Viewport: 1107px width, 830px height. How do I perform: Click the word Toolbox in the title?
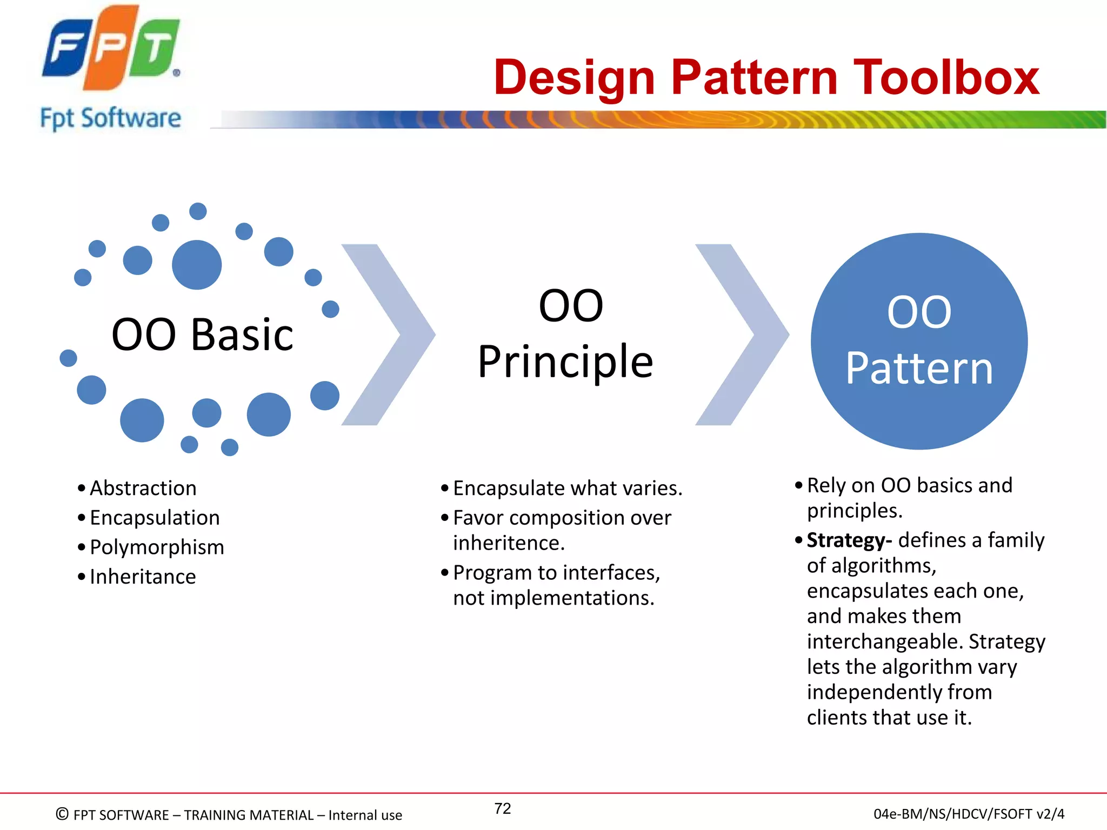tap(945, 78)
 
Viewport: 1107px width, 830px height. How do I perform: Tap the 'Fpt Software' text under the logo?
tap(111, 118)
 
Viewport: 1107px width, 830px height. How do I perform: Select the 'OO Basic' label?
tap(202, 334)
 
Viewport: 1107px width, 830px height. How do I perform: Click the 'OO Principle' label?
tap(566, 333)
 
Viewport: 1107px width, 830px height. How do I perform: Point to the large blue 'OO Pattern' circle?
tap(919, 342)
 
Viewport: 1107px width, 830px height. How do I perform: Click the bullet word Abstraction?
tap(143, 488)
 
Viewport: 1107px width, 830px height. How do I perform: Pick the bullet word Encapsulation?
tap(155, 518)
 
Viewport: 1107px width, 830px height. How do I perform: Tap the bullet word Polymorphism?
tap(157, 547)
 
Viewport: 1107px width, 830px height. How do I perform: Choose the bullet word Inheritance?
tap(143, 577)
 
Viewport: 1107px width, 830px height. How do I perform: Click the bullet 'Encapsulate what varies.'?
tap(568, 488)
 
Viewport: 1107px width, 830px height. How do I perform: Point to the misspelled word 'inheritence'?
tap(508, 543)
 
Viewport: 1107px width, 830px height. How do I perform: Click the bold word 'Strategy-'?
tap(849, 540)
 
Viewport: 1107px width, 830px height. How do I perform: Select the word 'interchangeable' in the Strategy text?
tap(885, 642)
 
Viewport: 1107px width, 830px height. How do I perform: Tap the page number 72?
tap(503, 808)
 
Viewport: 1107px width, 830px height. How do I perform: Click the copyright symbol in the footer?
tap(62, 814)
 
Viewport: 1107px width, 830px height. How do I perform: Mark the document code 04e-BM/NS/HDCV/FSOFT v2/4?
tap(969, 814)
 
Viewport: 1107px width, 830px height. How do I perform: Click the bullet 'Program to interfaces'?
tap(556, 573)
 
